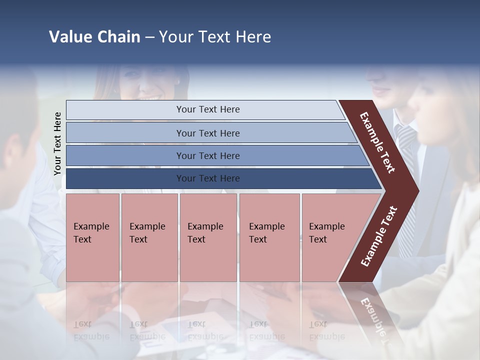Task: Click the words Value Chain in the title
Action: [94, 37]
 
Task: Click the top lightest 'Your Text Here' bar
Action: [207, 109]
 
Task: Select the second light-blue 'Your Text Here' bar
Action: [207, 133]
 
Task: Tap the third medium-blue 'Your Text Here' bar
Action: [207, 155]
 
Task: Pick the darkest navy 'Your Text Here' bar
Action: [207, 178]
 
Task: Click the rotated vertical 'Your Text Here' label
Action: [57, 144]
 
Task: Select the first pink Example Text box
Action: [92, 237]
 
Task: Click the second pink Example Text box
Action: [149, 237]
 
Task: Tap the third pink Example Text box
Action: [208, 237]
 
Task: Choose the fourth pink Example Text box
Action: [269, 237]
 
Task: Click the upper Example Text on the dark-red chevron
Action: [377, 142]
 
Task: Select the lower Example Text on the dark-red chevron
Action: [378, 236]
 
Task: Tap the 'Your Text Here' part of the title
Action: [215, 37]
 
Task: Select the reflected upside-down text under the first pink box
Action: [91, 330]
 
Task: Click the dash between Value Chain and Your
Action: [149, 37]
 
